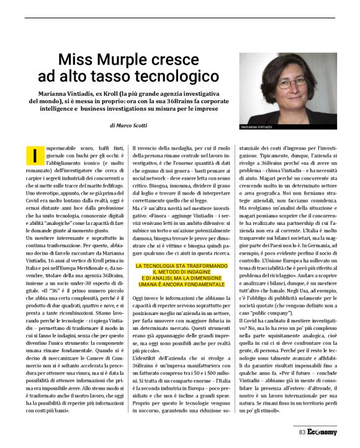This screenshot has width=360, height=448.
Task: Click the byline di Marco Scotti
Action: point(128,125)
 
